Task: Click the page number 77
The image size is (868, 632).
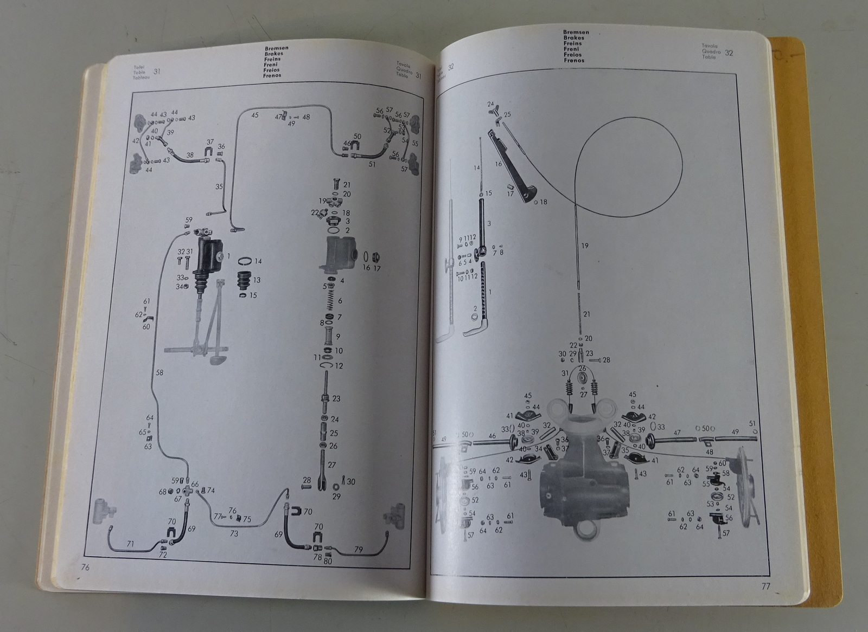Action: pyautogui.click(x=765, y=586)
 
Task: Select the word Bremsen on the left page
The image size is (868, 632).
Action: pyautogui.click(x=276, y=48)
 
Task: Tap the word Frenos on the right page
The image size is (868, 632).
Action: pyautogui.click(x=573, y=60)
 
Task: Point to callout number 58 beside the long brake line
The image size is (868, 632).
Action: pyautogui.click(x=159, y=372)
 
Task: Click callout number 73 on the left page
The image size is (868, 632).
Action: pyautogui.click(x=234, y=534)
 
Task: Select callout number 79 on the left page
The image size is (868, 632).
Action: pyautogui.click(x=359, y=550)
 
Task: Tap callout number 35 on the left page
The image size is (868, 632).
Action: pyautogui.click(x=219, y=186)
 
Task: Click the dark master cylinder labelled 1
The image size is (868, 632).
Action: pyautogui.click(x=210, y=256)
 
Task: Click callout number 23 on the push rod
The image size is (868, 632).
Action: pyautogui.click(x=336, y=398)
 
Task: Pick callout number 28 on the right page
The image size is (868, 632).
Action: pyautogui.click(x=606, y=360)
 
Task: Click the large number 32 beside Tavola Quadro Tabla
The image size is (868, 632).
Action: pyautogui.click(x=729, y=53)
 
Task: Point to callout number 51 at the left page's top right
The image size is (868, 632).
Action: pyautogui.click(x=372, y=164)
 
